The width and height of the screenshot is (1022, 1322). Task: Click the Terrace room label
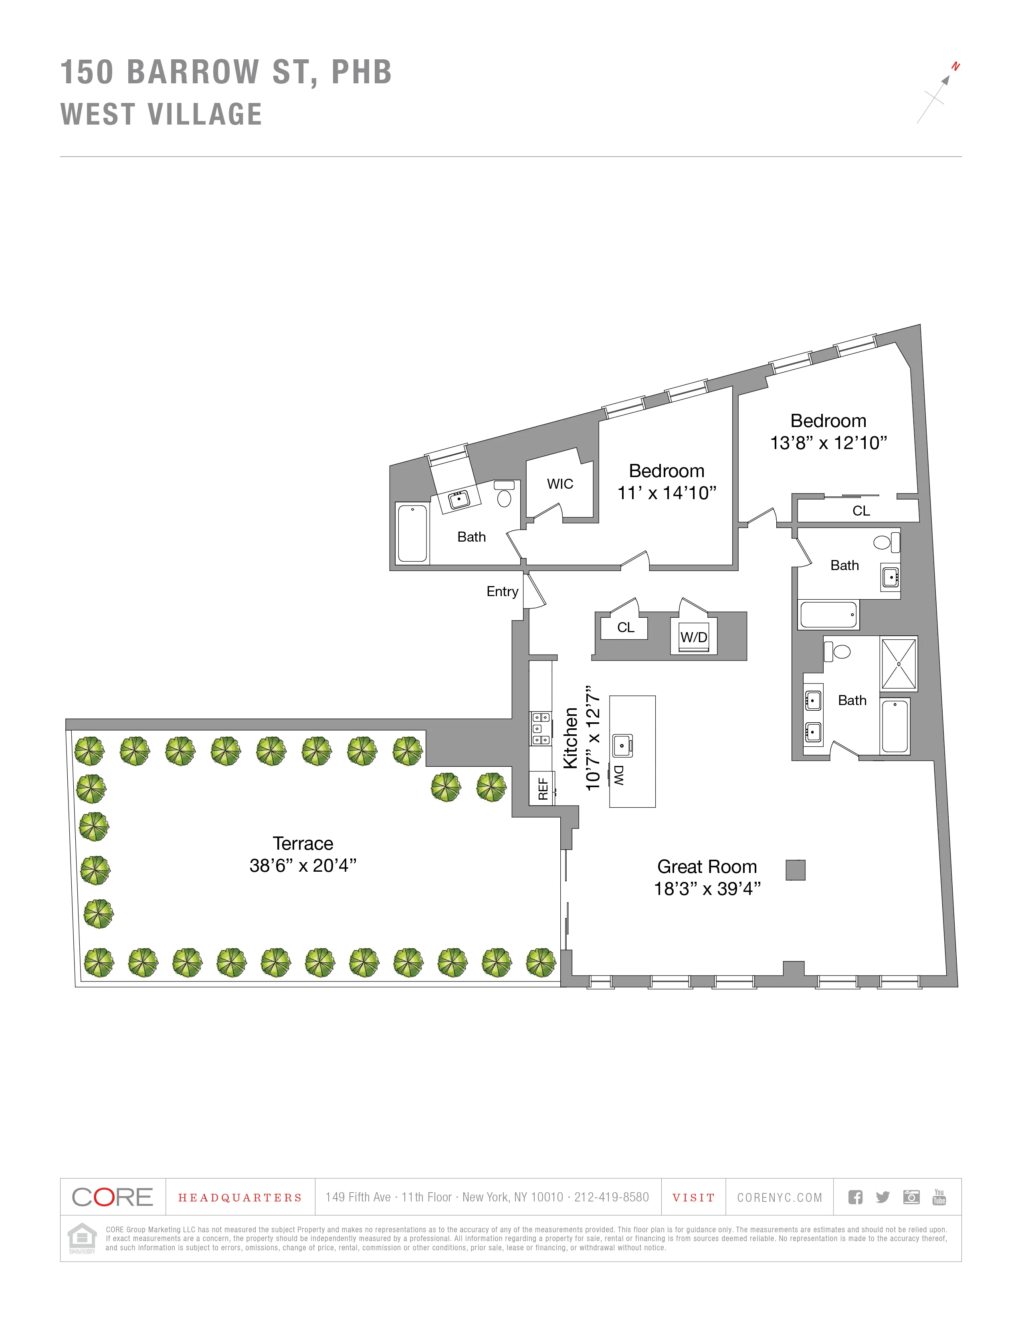click(x=303, y=843)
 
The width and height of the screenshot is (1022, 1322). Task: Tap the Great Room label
click(x=707, y=867)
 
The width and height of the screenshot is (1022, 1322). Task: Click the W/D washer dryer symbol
click(x=693, y=637)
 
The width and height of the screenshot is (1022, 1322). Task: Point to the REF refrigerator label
click(x=543, y=789)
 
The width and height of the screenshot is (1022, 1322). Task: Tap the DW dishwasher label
click(x=618, y=776)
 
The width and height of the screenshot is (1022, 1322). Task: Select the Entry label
click(x=502, y=591)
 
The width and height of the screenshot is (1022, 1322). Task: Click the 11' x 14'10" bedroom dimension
click(x=666, y=493)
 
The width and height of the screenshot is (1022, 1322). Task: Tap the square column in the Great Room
click(x=795, y=870)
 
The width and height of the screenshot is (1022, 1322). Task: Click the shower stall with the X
click(x=899, y=664)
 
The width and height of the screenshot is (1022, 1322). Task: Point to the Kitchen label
click(x=570, y=738)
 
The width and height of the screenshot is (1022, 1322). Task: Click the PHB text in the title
click(x=362, y=73)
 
